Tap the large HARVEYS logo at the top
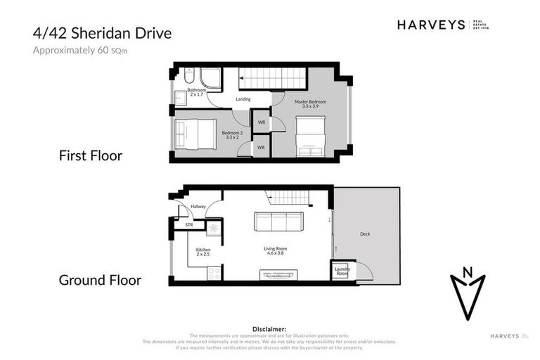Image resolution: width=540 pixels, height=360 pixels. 430,25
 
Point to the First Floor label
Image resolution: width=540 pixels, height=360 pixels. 90,155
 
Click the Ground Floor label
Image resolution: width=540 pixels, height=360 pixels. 100,280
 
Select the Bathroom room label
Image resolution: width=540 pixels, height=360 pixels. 196,92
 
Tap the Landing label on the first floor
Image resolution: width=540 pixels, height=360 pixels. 243,99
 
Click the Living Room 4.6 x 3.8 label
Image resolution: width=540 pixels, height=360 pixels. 275,251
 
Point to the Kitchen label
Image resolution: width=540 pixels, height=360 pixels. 203,252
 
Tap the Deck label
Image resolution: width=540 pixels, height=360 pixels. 364,234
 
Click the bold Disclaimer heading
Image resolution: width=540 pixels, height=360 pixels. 269,328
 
